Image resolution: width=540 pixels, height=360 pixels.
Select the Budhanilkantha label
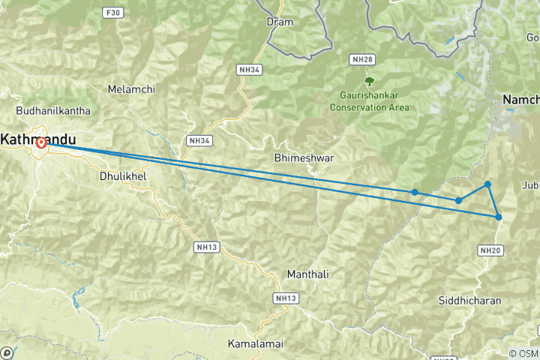[52, 110]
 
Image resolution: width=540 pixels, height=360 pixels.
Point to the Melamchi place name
[131, 89]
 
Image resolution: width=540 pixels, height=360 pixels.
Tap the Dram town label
[280, 22]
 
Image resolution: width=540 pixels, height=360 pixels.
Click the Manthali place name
[307, 274]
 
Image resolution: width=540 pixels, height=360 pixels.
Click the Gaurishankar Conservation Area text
[369, 101]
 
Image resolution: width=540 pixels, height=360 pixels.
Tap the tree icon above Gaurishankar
[369, 80]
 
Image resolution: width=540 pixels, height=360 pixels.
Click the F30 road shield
[113, 13]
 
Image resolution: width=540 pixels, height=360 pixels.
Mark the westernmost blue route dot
[415, 192]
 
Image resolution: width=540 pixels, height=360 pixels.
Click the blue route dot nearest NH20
[499, 217]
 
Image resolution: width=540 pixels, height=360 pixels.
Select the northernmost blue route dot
[487, 184]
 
